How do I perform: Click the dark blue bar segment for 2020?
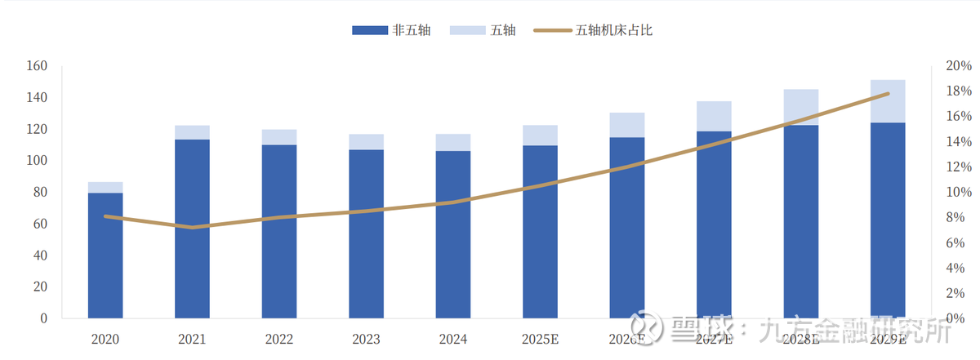[105, 255]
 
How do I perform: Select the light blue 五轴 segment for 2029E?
[888, 101]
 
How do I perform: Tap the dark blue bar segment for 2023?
[366, 233]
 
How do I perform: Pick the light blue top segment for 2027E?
[714, 116]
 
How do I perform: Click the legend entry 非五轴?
[391, 30]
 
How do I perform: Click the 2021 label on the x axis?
[192, 339]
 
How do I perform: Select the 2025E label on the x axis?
[540, 339]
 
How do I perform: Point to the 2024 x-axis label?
[452, 339]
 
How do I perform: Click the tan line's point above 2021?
[192, 227]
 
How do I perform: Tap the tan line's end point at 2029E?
[888, 94]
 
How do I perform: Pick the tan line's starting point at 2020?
[105, 216]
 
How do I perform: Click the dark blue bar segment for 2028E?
[800, 221]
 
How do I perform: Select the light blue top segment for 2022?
[279, 137]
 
